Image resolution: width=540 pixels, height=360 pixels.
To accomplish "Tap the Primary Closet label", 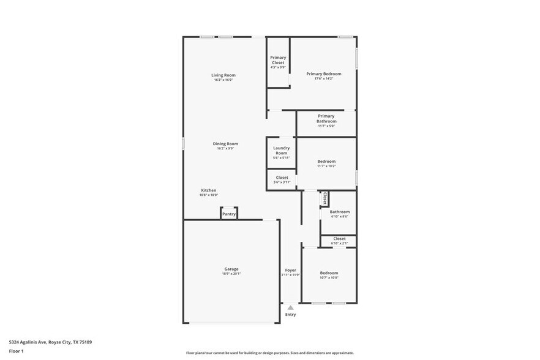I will [x=278, y=60].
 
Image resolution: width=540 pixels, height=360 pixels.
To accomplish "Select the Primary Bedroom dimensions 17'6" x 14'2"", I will [x=323, y=79].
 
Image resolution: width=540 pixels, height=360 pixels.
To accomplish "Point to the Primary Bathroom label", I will [x=326, y=118].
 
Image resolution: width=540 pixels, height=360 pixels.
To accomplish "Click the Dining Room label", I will [x=225, y=143].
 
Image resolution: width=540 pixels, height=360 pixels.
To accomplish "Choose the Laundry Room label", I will [x=281, y=150].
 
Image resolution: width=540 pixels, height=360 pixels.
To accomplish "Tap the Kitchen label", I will [x=208, y=190].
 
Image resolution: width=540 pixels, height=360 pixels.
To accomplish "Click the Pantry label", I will [x=228, y=214].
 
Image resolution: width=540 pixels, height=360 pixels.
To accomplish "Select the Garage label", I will [x=231, y=269].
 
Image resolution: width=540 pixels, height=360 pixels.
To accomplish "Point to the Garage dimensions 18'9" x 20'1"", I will [x=231, y=274].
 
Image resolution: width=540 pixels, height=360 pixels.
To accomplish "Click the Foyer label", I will [x=290, y=270].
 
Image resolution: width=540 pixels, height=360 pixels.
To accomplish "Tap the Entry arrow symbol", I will [x=290, y=308].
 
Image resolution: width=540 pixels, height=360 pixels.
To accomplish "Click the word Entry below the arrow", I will [x=290, y=315].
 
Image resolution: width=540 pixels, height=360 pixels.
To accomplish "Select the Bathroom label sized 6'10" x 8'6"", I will [x=339, y=211].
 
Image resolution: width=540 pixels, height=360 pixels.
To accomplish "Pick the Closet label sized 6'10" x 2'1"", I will [x=339, y=238].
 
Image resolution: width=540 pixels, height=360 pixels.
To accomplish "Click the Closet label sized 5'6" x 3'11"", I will [x=281, y=178].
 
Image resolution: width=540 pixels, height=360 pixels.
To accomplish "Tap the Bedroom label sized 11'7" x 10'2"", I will [x=326, y=161].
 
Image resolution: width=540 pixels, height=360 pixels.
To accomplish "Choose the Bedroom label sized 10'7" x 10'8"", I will [x=329, y=272].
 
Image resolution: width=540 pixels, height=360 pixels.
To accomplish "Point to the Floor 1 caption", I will [x=16, y=351].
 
